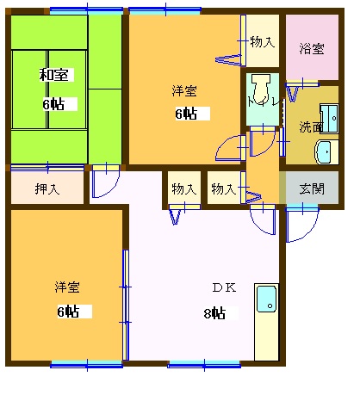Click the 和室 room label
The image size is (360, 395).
[x=54, y=75]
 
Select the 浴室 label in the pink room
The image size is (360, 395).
[x=312, y=48]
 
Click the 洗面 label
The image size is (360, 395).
[x=311, y=127]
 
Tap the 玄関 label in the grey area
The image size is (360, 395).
[x=312, y=188]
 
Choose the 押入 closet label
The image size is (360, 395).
[x=47, y=188]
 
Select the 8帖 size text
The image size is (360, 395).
[x=215, y=313]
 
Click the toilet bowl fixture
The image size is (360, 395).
[x=262, y=86]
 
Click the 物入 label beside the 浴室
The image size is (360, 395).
[x=262, y=41]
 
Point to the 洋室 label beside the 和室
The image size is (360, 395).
[x=183, y=89]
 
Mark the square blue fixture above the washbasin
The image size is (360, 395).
[x=328, y=117]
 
